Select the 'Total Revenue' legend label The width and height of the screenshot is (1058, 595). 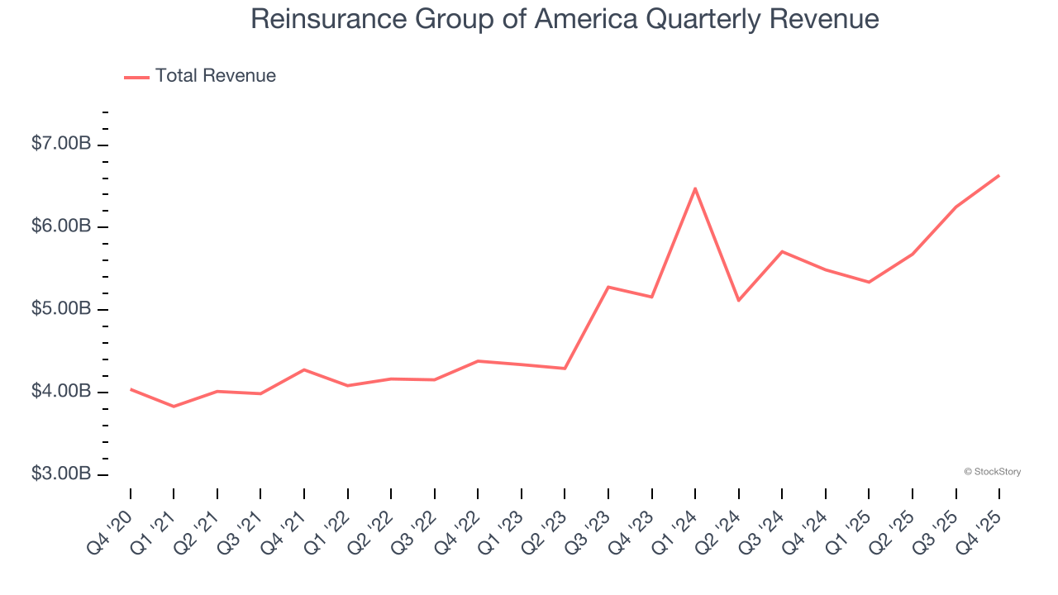click(x=215, y=76)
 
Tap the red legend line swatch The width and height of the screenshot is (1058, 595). click(x=136, y=77)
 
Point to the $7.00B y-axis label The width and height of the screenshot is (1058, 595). click(x=61, y=144)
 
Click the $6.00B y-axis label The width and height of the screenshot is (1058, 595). click(x=61, y=226)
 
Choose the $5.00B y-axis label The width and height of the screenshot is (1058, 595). click(x=61, y=309)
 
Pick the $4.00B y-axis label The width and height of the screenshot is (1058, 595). click(x=61, y=392)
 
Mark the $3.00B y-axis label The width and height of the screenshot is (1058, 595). click(x=61, y=474)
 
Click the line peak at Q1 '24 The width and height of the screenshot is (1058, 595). click(x=695, y=188)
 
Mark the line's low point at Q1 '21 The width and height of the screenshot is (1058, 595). click(x=174, y=407)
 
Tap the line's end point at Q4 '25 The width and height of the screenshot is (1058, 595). click(x=999, y=175)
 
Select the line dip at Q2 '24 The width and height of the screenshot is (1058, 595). click(x=738, y=300)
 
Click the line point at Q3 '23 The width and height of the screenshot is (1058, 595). click(x=608, y=287)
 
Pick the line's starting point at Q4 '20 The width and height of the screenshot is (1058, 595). click(x=131, y=388)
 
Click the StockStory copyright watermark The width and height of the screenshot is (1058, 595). click(x=992, y=472)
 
